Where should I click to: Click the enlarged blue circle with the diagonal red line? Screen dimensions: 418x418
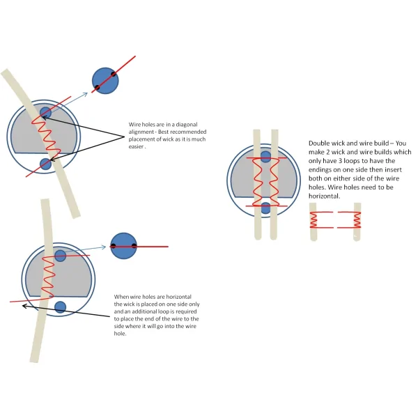[x=104, y=80]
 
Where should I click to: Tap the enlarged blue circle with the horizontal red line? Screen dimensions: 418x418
[x=123, y=245]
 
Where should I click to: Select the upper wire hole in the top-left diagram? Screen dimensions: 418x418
[x=45, y=113]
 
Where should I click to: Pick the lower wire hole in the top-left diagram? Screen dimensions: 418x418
[x=45, y=164]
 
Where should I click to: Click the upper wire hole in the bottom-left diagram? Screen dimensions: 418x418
[x=60, y=256]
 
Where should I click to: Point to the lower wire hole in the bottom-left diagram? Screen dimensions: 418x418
[x=60, y=307]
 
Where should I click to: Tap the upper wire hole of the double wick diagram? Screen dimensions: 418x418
[x=265, y=157]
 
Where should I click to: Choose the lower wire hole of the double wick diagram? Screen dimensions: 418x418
[x=265, y=207]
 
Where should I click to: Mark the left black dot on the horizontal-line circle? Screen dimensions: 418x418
[x=113, y=245]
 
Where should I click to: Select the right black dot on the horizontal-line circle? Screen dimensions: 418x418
[x=134, y=245]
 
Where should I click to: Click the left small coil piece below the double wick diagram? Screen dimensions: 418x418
[x=314, y=221]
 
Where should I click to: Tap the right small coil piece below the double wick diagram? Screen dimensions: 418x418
[x=357, y=221]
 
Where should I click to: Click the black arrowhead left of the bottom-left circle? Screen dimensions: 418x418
[x=25, y=305]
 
